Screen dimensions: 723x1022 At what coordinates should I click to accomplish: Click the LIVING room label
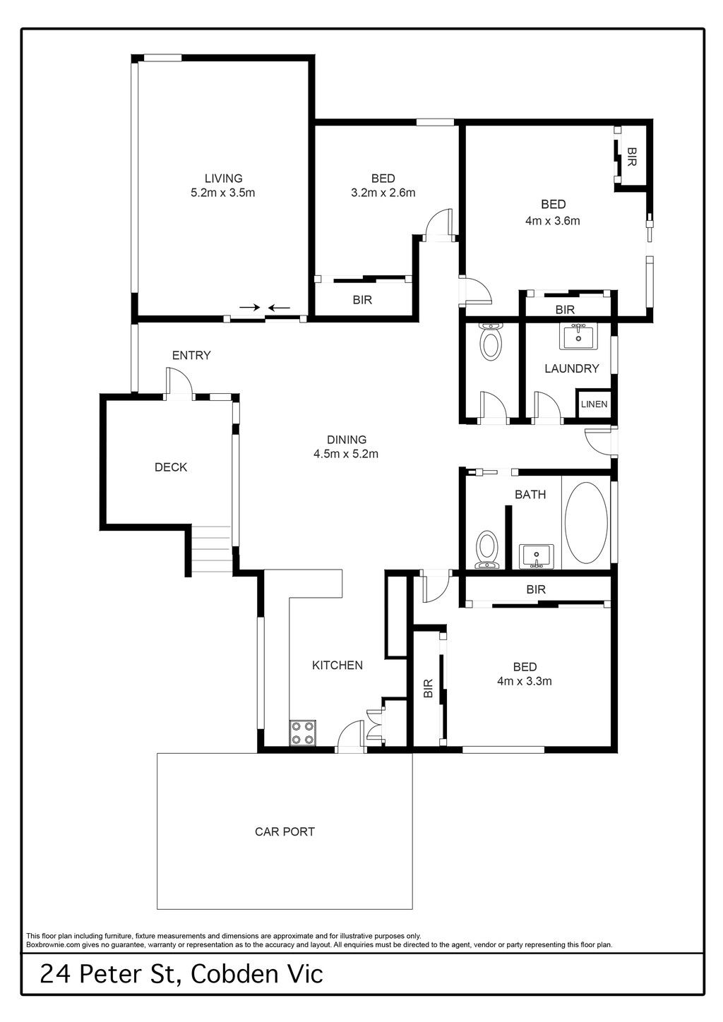pos(223,179)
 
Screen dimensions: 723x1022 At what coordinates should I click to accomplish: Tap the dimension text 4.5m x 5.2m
pos(346,454)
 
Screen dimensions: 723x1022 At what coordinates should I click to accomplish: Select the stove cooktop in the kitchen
pos(303,733)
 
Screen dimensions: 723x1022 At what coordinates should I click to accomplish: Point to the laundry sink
pos(579,337)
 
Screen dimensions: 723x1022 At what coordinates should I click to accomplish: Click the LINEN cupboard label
pos(594,404)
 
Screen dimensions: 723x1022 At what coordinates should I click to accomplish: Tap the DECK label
pos(171,467)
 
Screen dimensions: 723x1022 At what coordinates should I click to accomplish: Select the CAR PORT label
pos(285,831)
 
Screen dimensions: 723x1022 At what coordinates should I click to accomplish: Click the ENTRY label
pos(191,355)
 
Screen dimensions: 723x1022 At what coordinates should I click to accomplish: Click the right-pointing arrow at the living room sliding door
pos(250,307)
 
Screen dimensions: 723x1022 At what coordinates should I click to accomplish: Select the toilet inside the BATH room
pos(487,549)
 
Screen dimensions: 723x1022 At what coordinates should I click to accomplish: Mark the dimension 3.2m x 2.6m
pos(383,193)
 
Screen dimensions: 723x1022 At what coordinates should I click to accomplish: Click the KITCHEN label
pos(337,665)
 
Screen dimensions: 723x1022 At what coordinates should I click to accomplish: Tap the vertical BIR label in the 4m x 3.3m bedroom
pos(428,688)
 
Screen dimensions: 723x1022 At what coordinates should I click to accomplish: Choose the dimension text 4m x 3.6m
pos(553,222)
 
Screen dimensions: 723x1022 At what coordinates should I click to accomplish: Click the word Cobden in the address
pos(234,973)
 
